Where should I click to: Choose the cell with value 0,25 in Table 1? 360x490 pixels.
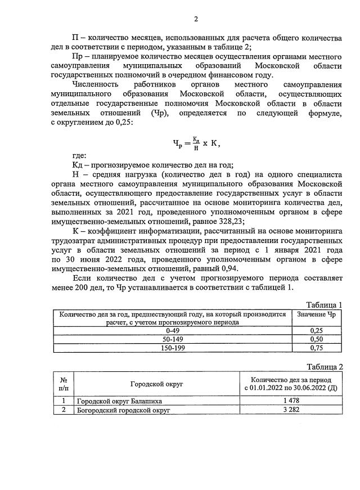(316, 331)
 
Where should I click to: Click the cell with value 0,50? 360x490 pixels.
(316, 340)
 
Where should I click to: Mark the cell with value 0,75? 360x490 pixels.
(316, 348)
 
